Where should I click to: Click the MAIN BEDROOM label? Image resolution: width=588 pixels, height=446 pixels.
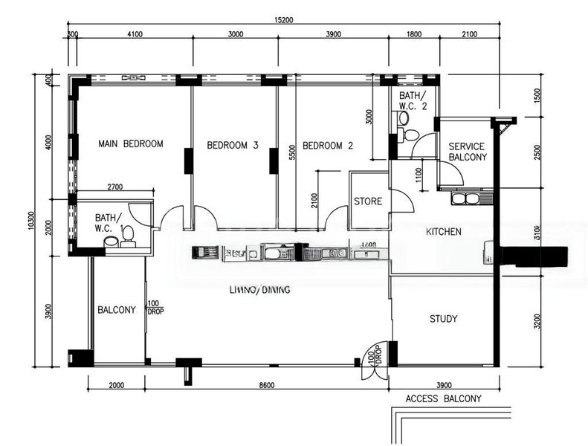pyautogui.click(x=131, y=143)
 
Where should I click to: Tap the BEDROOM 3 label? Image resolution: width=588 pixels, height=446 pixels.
pyautogui.click(x=233, y=145)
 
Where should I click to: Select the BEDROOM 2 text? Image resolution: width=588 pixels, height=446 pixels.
pyautogui.click(x=327, y=146)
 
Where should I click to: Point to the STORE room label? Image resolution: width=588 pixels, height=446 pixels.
pyautogui.click(x=368, y=201)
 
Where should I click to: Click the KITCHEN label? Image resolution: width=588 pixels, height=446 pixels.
pyautogui.click(x=443, y=232)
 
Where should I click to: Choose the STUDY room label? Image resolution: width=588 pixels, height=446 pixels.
pyautogui.click(x=443, y=319)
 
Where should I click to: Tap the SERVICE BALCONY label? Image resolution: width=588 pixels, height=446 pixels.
pyautogui.click(x=468, y=152)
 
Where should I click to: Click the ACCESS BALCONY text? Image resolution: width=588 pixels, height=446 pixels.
pyautogui.click(x=443, y=398)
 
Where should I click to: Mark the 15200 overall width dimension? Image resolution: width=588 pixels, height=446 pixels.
pyautogui.click(x=282, y=21)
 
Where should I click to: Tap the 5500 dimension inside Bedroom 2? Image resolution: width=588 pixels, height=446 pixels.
pyautogui.click(x=293, y=152)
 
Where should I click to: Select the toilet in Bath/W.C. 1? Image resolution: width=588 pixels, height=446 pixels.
pyautogui.click(x=127, y=235)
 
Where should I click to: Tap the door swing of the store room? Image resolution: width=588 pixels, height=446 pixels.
pyautogui.click(x=399, y=201)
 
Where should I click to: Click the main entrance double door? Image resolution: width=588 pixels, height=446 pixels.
pyautogui.click(x=372, y=361)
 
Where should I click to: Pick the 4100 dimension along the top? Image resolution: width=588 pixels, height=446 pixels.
pyautogui.click(x=135, y=34)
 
